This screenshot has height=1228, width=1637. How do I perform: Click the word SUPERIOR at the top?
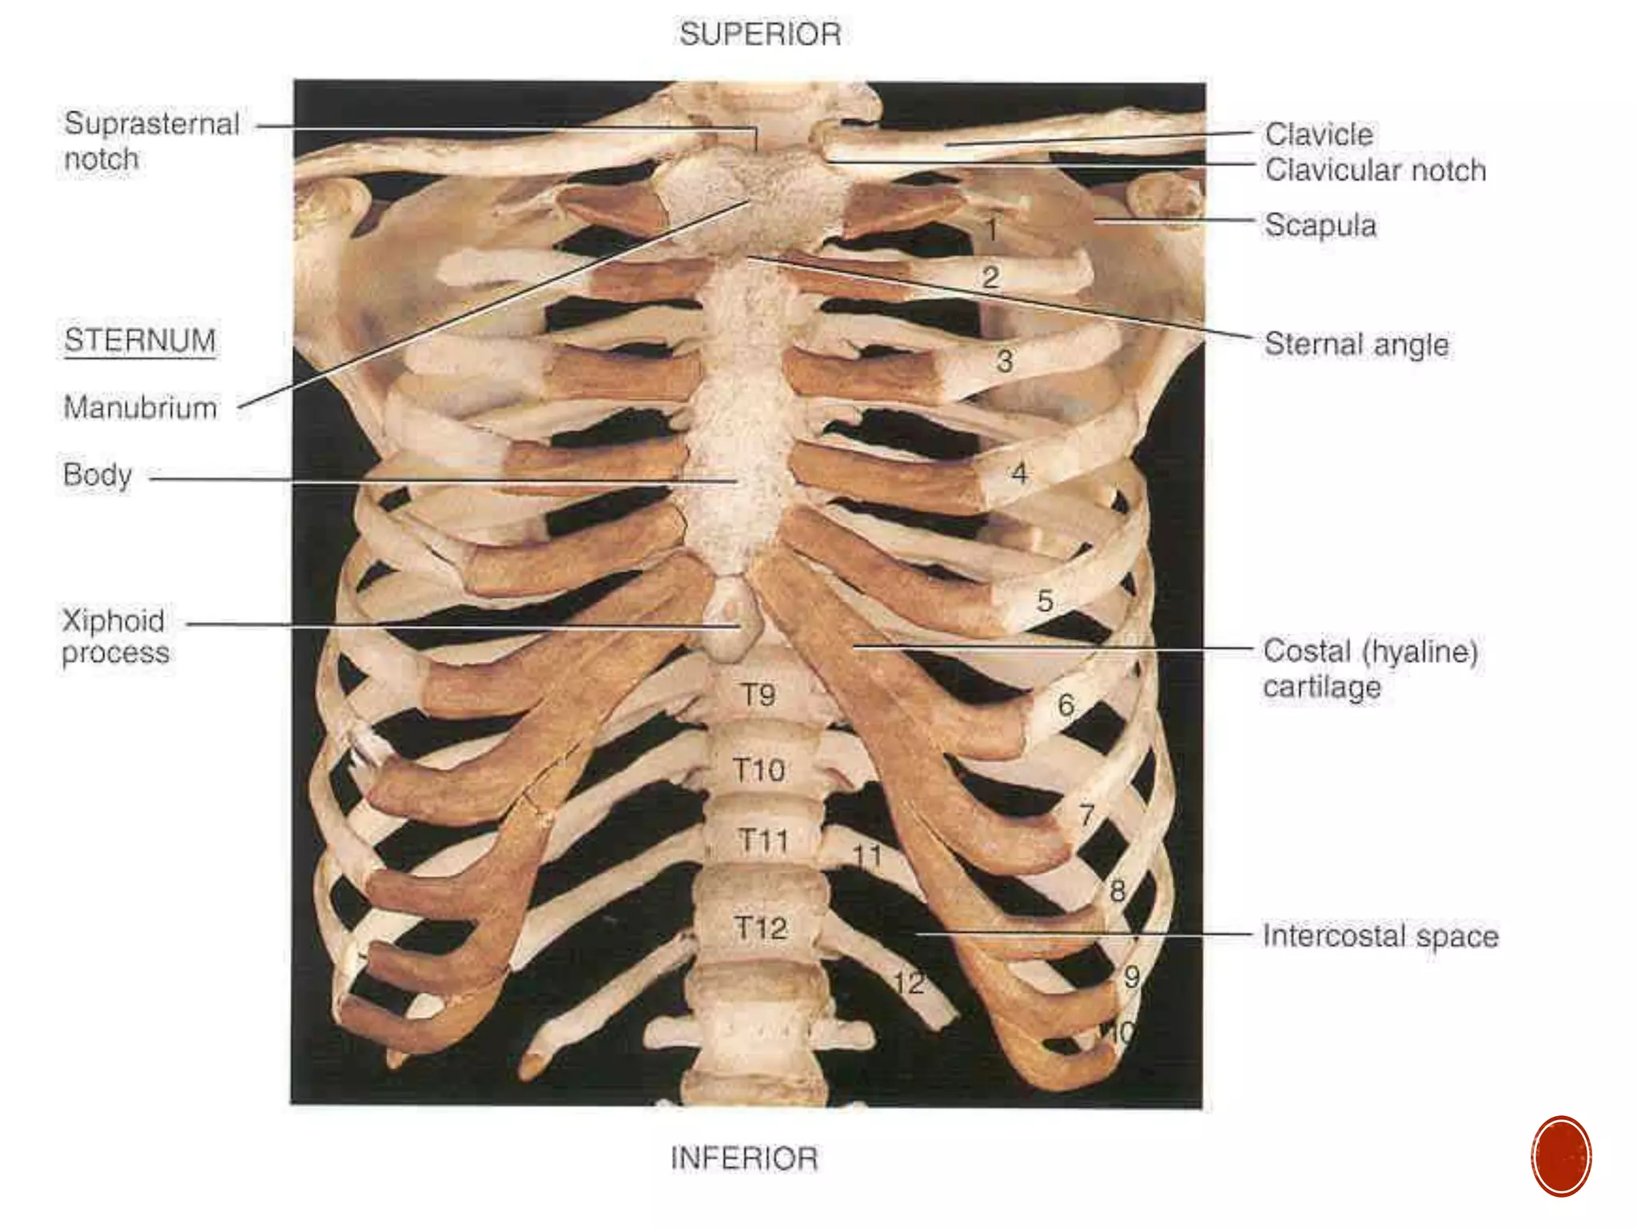pyautogui.click(x=760, y=34)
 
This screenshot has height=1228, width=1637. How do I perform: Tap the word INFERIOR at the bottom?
pyautogui.click(x=744, y=1158)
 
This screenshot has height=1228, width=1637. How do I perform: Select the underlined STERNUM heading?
pyautogui.click(x=140, y=341)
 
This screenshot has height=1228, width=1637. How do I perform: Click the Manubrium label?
pyautogui.click(x=140, y=408)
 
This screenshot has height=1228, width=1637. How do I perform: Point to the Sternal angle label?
pyautogui.click(x=1356, y=345)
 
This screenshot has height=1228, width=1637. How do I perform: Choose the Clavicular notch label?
pyautogui.click(x=1375, y=170)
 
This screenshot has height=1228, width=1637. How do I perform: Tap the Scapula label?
pyautogui.click(x=1320, y=225)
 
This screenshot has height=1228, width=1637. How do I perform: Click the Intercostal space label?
pyautogui.click(x=1380, y=936)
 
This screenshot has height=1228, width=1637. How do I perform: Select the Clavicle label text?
pyautogui.click(x=1319, y=134)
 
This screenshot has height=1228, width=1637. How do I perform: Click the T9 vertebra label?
pyautogui.click(x=758, y=695)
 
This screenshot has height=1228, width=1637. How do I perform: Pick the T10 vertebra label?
pyautogui.click(x=759, y=770)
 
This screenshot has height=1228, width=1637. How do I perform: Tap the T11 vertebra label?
pyautogui.click(x=763, y=840)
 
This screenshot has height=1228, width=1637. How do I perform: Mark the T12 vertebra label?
pyautogui.click(x=761, y=928)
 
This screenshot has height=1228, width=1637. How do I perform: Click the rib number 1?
pyautogui.click(x=991, y=230)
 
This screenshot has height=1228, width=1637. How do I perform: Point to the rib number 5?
pyautogui.click(x=1045, y=601)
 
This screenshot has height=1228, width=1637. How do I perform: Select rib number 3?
pyautogui.click(x=1005, y=361)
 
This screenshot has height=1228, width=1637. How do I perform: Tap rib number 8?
pyautogui.click(x=1117, y=891)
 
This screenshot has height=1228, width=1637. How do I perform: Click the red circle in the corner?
pyautogui.click(x=1561, y=1156)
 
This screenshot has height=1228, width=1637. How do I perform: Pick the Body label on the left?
pyautogui.click(x=98, y=475)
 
